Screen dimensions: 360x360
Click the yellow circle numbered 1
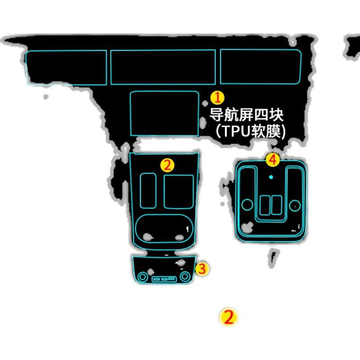pyautogui.click(x=217, y=97)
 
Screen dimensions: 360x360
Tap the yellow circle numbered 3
pyautogui.click(x=202, y=269)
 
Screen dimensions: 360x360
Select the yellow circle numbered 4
pyautogui.click(x=272, y=159)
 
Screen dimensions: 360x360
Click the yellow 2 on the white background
pyautogui.click(x=229, y=317)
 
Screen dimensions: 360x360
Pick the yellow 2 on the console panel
pyautogui.click(x=167, y=165)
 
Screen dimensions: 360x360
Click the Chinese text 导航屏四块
pyautogui.click(x=248, y=114)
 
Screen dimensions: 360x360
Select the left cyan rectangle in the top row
pyautogui.click(x=66, y=67)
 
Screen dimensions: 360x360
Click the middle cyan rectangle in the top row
pyautogui.click(x=163, y=67)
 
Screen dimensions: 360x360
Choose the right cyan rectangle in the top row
pyautogui.click(x=261, y=67)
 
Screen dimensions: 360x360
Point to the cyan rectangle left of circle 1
pyautogui.click(x=164, y=113)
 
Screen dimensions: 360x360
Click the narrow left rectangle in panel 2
pyautogui.click(x=148, y=190)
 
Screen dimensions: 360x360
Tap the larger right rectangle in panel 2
pyautogui.click(x=179, y=191)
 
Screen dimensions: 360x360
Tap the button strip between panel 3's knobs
pyautogui.click(x=164, y=279)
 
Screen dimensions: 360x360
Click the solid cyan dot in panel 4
pyautogui.click(x=271, y=177)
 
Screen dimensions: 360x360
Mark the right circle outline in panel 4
pyautogui.click(x=294, y=206)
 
